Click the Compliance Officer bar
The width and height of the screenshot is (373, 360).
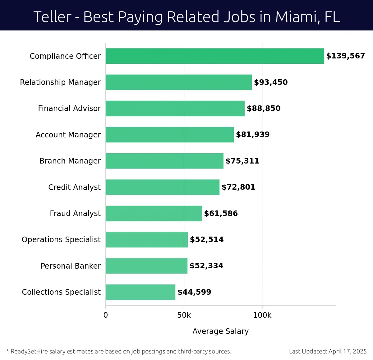[x=214, y=56]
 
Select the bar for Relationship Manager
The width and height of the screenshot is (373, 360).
[x=179, y=82]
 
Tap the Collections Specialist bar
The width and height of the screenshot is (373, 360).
[x=140, y=292]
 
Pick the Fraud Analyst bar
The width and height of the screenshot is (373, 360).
[x=154, y=213]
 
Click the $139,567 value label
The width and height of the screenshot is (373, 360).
[x=345, y=56]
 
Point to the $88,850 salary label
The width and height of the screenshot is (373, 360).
[x=264, y=108]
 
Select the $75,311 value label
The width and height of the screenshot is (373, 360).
[x=242, y=161]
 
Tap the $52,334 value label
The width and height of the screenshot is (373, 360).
[x=206, y=266]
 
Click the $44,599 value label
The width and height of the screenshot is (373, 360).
[x=194, y=292]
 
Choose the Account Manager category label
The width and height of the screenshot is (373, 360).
[x=68, y=135]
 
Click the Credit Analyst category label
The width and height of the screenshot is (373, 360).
[x=74, y=187]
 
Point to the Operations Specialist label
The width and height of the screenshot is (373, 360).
[x=61, y=240]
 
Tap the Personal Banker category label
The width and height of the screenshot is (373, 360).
[x=71, y=266]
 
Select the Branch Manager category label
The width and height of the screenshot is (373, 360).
[x=70, y=161]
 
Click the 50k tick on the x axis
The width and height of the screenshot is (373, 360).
[x=184, y=315]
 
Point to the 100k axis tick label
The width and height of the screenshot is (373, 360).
[x=262, y=315]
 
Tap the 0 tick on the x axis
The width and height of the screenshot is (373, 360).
[x=106, y=315]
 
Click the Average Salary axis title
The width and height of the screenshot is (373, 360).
[x=220, y=331]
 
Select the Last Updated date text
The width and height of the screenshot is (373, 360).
[x=328, y=352]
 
